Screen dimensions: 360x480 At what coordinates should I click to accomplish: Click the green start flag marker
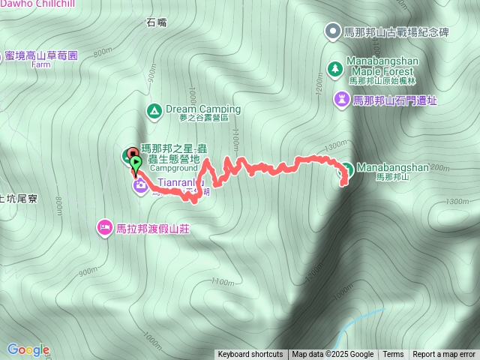point(135,161)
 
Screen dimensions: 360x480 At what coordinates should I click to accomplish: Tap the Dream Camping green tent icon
point(154,111)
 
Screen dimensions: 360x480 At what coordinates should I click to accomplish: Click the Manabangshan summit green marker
point(347,167)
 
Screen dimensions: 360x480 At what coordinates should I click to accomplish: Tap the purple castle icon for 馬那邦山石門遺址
point(342,98)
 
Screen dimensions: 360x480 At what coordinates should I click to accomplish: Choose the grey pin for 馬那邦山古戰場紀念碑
point(331,31)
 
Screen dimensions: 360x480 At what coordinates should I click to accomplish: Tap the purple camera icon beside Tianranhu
point(140,185)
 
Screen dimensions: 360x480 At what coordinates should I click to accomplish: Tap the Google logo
point(28,349)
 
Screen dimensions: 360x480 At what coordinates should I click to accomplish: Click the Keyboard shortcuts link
point(250,355)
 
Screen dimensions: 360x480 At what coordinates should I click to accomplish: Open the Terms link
point(393,355)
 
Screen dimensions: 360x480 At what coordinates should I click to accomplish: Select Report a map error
point(444,355)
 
